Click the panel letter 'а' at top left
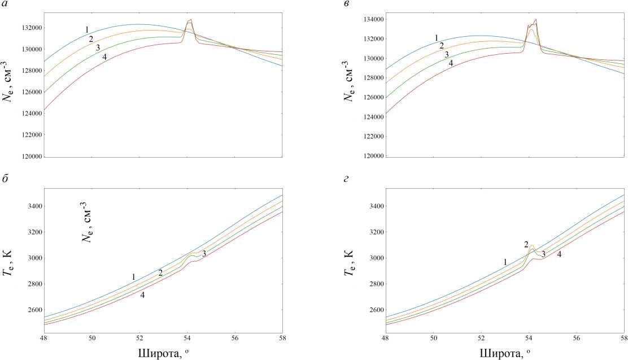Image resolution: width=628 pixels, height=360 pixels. pos(5,5)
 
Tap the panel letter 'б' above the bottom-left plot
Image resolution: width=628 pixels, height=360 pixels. pos(5,180)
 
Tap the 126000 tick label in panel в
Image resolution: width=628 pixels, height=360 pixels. pos(371,98)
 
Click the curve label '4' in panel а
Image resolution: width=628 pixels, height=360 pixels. pos(104,57)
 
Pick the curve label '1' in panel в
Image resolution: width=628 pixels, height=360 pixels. pos(437,38)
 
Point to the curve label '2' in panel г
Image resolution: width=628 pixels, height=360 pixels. pos(526,244)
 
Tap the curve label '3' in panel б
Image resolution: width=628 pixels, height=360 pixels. pos(204,254)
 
